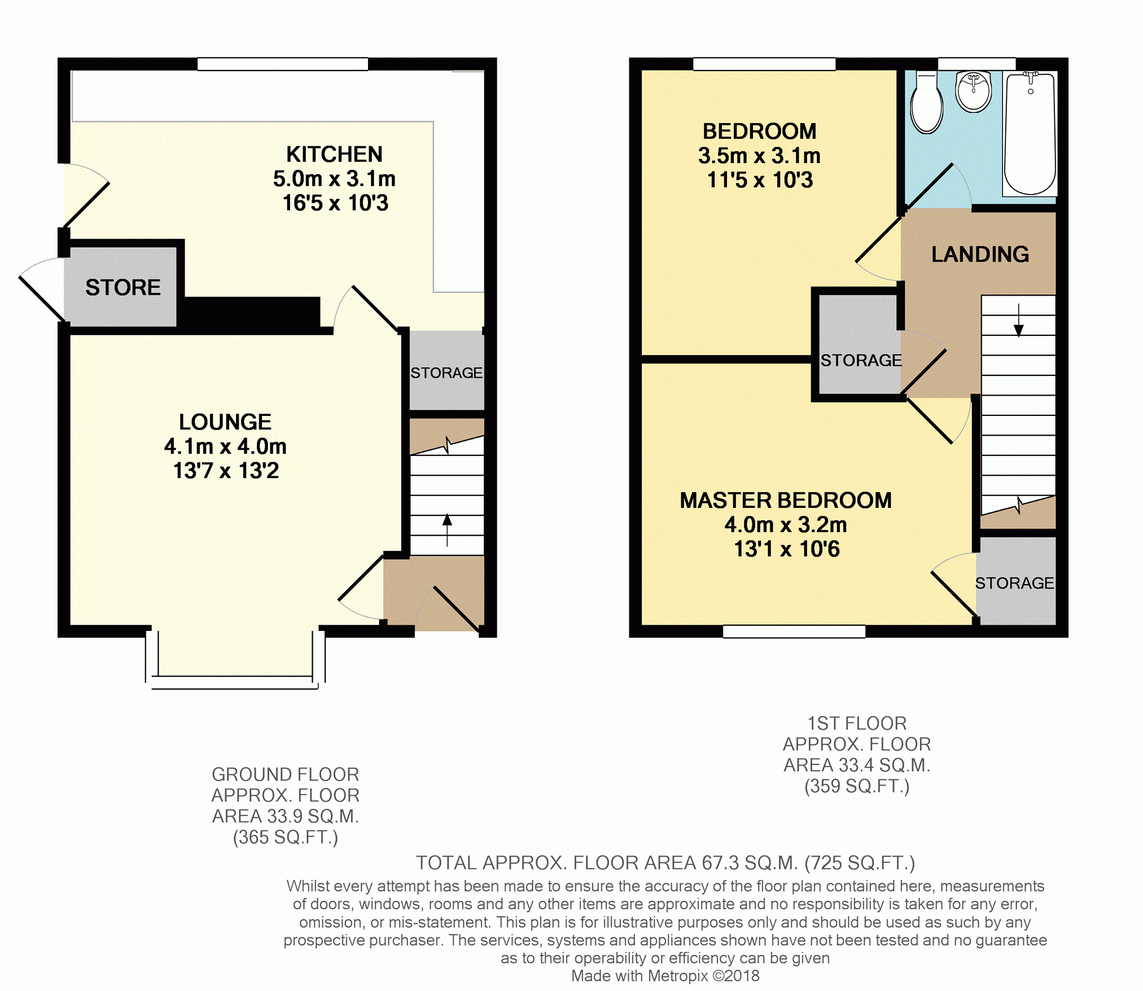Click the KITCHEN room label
pos(334,154)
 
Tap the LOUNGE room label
pos(225,422)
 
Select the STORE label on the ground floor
pos(123,288)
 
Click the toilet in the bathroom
pos(926,102)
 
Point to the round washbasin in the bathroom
pos(974,91)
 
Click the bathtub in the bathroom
pos(1030,133)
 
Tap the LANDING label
pos(980,255)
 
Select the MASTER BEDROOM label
pos(786,501)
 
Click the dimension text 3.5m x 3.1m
pos(759,156)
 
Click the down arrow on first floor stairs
pos(1019,320)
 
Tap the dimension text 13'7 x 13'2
pos(226,471)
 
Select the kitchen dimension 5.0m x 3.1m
pos(334,179)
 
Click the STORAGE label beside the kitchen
pos(446,373)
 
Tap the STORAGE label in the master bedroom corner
pos(1015,583)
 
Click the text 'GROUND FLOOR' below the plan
pos(286,774)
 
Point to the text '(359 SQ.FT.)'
pos(857,786)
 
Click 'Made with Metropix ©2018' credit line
pos(665,976)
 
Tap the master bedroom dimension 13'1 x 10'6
pos(787,549)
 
